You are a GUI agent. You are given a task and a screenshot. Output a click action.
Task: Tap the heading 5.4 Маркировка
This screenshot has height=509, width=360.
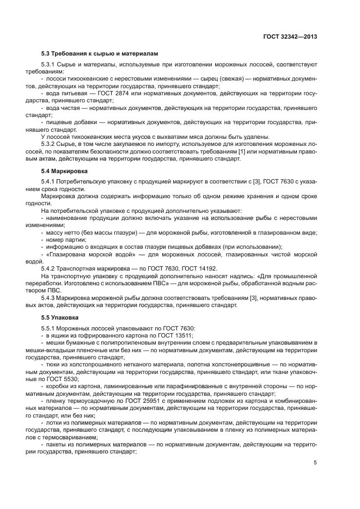click(x=63, y=171)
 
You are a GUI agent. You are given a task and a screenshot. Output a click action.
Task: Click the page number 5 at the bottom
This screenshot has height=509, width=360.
click(x=315, y=463)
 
